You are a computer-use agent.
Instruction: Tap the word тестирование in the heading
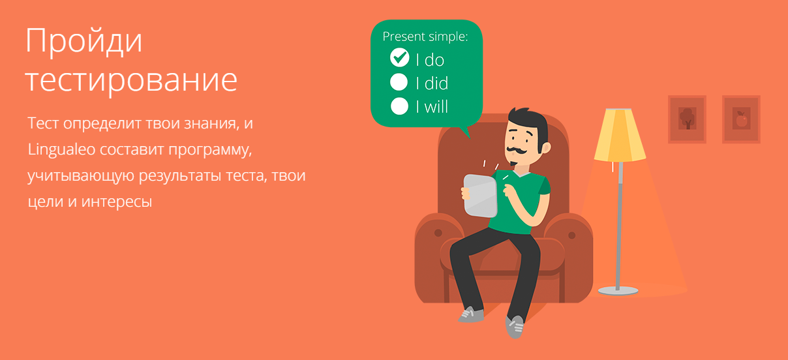[131, 82]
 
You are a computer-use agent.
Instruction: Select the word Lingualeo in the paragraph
[61, 150]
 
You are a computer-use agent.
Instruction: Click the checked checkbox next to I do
[400, 57]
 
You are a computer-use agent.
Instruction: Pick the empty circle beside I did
[399, 82]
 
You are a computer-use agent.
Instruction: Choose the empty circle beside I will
[399, 106]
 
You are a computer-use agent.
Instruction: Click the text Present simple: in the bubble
[425, 37]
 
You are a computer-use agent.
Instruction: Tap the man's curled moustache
[516, 151]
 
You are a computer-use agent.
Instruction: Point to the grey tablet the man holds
[480, 196]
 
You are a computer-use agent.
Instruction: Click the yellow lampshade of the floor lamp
[620, 135]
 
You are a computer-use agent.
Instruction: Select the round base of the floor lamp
[618, 291]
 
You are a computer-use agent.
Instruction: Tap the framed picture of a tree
[687, 119]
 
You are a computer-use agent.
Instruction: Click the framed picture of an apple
[741, 119]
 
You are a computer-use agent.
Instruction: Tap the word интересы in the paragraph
[117, 202]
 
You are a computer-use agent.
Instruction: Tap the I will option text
[432, 106]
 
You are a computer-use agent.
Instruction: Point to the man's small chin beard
[513, 164]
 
